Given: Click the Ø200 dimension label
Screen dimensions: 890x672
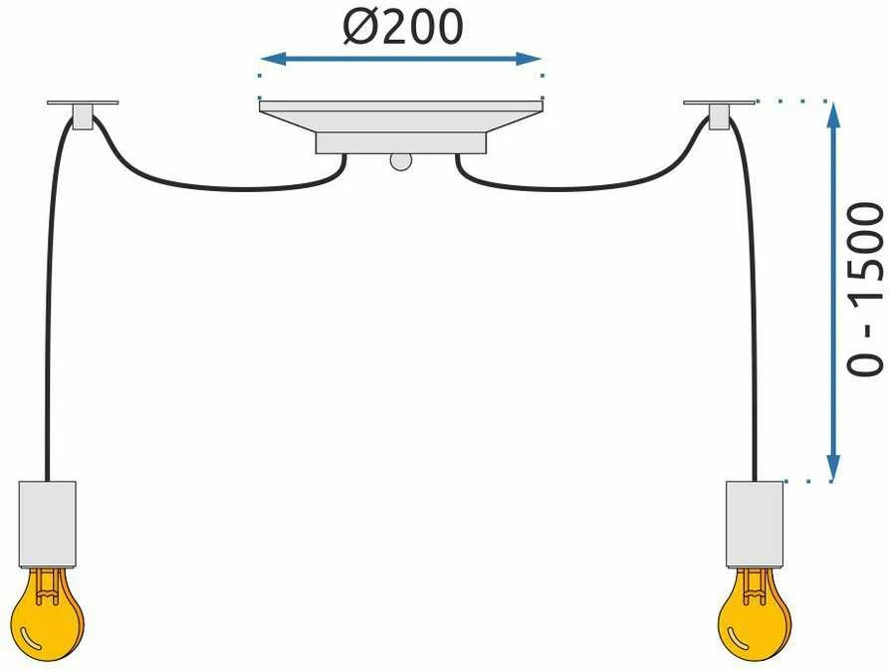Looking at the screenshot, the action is [x=403, y=27].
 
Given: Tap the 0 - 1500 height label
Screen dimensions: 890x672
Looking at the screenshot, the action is [x=865, y=290].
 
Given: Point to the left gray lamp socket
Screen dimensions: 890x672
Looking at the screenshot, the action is [x=48, y=524].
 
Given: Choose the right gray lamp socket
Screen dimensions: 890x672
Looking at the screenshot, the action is [x=755, y=524].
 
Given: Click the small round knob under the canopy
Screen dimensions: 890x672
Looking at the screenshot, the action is [x=401, y=161].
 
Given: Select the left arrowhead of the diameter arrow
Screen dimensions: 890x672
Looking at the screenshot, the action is [x=273, y=59].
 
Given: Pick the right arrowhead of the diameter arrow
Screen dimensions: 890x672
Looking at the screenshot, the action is [x=529, y=59].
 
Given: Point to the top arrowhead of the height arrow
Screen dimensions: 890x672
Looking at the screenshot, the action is [x=832, y=115].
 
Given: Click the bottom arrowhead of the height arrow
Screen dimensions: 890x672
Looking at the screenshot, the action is [x=832, y=468].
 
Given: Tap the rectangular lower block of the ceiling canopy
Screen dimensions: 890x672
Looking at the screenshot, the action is [x=401, y=143].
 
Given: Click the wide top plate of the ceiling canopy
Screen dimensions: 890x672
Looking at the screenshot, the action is [x=401, y=107].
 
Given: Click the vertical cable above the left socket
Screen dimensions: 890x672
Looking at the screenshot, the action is [x=48, y=307].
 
